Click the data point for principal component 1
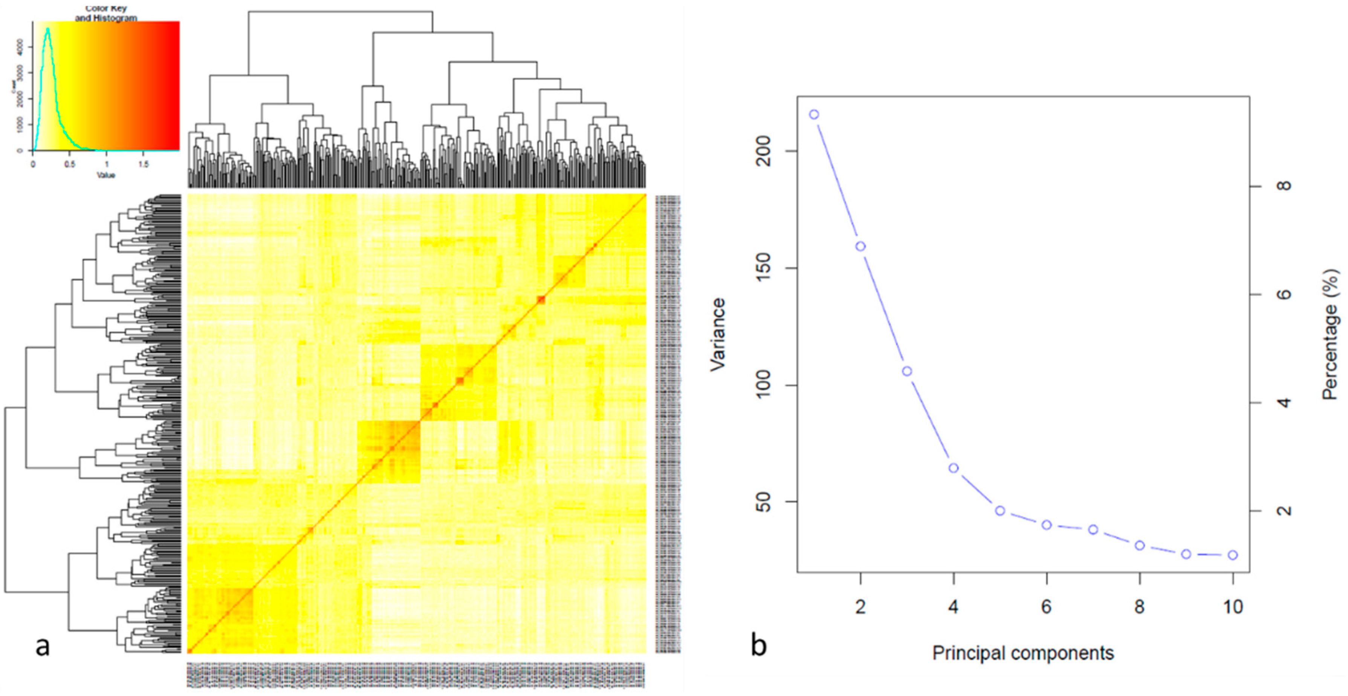[814, 115]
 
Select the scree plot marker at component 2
[860, 246]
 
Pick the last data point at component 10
[1233, 555]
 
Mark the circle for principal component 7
[1093, 529]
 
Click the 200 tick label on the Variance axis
[764, 151]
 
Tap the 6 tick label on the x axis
[1047, 607]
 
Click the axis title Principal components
[1023, 653]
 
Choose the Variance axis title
[718, 335]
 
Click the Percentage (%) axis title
[1330, 335]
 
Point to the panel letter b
[759, 645]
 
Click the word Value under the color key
[106, 175]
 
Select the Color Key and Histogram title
[106, 14]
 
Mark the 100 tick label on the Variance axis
[764, 385]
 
